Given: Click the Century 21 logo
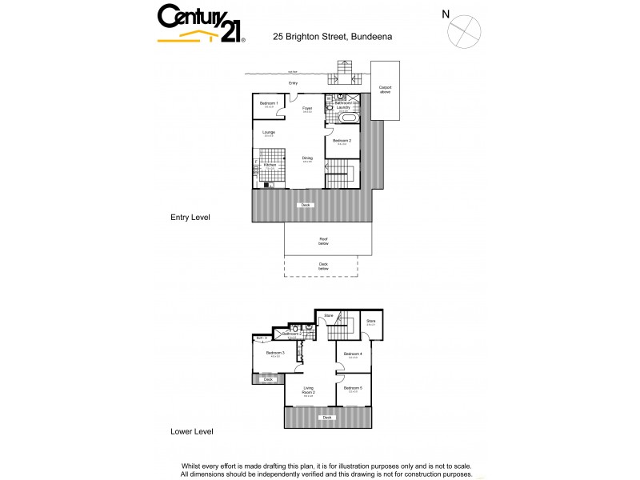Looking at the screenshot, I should pyautogui.click(x=201, y=23).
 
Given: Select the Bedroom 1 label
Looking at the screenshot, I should pyautogui.click(x=270, y=103).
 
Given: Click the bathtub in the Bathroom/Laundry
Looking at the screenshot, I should pyautogui.click(x=349, y=119).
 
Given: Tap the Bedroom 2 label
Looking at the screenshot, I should pyautogui.click(x=342, y=141).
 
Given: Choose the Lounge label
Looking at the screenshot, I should pyautogui.click(x=269, y=132).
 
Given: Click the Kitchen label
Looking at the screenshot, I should pyautogui.click(x=270, y=165).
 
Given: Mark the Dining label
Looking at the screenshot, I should pyautogui.click(x=307, y=158).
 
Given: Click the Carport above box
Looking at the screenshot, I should pyautogui.click(x=385, y=90).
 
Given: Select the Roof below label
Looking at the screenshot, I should pyautogui.click(x=324, y=239).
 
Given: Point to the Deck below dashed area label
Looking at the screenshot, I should pyautogui.click(x=324, y=267).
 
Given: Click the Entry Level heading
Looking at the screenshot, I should pyautogui.click(x=190, y=217).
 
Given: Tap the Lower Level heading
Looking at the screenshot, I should pyautogui.click(x=192, y=431).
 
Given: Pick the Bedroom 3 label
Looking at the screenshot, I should pyautogui.click(x=275, y=353).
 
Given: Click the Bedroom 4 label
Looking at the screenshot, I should pyautogui.click(x=353, y=354).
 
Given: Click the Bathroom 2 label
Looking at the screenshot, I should pyautogui.click(x=302, y=334).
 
